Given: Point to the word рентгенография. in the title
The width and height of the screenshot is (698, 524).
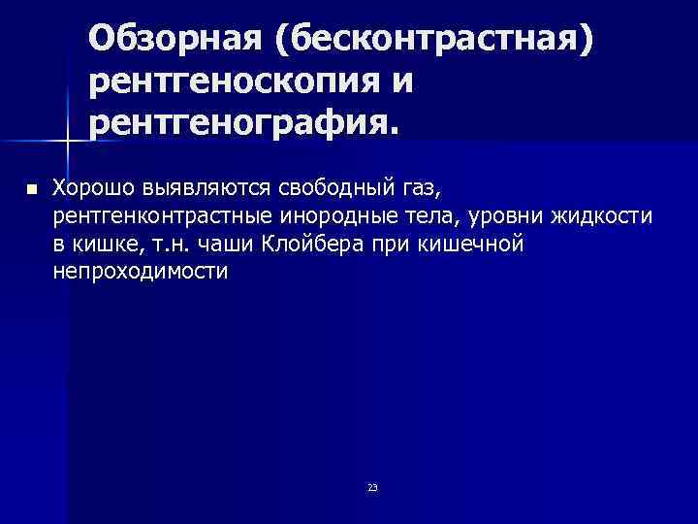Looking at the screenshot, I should click(x=243, y=123).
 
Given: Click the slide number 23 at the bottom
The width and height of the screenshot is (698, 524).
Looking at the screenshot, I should click(x=373, y=486).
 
